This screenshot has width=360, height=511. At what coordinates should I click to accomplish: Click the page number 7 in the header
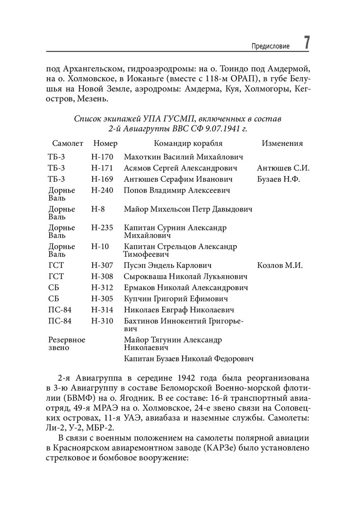[x=307, y=42]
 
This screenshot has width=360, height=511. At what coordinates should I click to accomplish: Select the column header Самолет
[x=68, y=143]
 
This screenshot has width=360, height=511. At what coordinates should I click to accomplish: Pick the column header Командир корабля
[x=188, y=143]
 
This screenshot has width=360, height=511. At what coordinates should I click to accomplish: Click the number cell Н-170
[x=102, y=157]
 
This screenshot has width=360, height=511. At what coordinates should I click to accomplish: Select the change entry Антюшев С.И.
[x=283, y=168]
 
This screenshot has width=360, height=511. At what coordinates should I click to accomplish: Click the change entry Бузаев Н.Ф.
[x=279, y=179]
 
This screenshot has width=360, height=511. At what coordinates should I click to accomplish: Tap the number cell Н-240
[x=102, y=190]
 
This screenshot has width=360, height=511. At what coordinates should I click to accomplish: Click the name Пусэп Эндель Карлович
[x=167, y=265]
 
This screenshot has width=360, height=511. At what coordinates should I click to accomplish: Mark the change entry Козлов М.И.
[x=280, y=265]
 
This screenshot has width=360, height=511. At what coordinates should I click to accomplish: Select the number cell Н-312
[x=102, y=288]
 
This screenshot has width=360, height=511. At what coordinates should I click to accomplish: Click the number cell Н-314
[x=102, y=310]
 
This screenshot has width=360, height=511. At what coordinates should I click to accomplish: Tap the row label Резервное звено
[x=67, y=344]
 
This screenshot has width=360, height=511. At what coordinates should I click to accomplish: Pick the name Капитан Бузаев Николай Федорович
[x=188, y=359]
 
